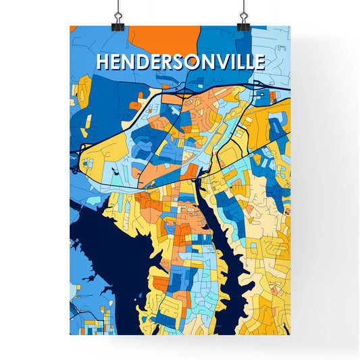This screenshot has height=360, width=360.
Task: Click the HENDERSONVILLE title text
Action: (x=180, y=61)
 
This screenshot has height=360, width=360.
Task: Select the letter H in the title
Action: (x=103, y=61)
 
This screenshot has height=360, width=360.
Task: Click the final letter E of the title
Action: (x=259, y=61)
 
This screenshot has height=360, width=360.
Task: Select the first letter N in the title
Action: (x=126, y=61)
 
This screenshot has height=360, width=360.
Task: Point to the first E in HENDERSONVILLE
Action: (x=115, y=61)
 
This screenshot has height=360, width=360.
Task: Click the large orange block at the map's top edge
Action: (x=164, y=38)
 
